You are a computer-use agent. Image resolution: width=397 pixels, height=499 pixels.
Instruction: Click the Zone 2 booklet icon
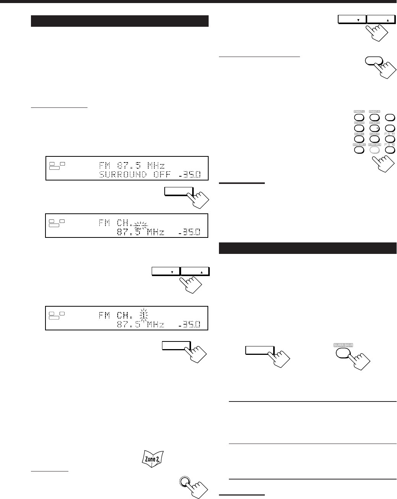coord(152,457)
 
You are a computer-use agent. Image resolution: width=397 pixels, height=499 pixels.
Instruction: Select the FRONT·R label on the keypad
coord(374,112)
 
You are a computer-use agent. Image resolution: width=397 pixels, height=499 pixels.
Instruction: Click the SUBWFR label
coord(374,123)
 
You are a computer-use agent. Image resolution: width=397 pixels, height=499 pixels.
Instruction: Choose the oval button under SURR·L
coord(358,139)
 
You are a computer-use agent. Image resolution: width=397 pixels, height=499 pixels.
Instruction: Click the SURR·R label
coord(374,134)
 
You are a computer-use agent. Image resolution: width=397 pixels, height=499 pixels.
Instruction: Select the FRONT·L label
coord(358,112)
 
